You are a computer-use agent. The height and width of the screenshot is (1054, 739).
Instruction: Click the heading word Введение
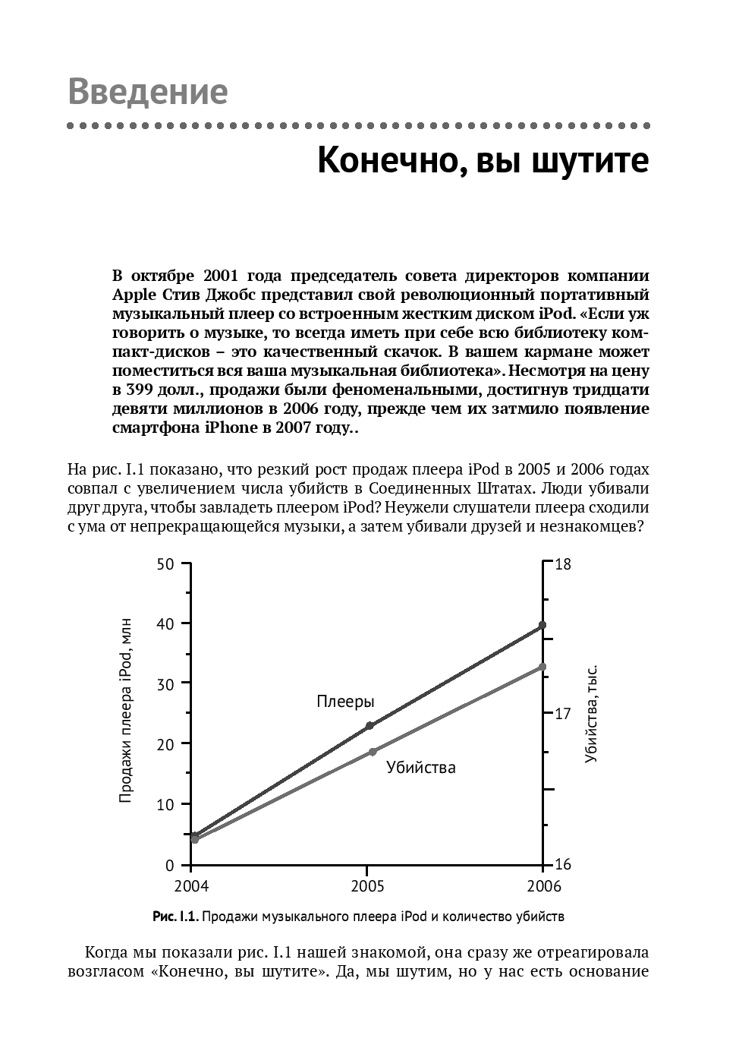[148, 92]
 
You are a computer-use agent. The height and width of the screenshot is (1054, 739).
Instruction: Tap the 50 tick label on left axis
[165, 563]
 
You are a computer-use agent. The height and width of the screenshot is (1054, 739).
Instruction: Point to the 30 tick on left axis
[165, 683]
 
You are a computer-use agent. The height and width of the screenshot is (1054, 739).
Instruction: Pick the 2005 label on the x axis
[367, 886]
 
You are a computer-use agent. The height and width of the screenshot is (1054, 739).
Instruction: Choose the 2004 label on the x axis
[191, 886]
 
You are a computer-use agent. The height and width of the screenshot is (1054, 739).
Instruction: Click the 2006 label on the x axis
[543, 886]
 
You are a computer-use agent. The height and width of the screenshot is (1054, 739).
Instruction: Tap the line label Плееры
[345, 702]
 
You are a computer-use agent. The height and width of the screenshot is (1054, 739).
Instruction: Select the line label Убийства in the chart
[421, 768]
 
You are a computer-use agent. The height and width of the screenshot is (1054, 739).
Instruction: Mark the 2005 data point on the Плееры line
[369, 726]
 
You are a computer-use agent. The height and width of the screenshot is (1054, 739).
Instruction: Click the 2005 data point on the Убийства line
[373, 752]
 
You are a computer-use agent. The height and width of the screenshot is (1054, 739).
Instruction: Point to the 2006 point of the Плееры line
[542, 625]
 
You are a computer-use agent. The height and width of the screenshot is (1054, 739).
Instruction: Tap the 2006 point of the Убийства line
[542, 667]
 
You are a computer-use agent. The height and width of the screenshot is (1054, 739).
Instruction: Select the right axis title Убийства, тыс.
[592, 714]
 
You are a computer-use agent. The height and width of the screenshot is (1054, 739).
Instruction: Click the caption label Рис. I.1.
[175, 917]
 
